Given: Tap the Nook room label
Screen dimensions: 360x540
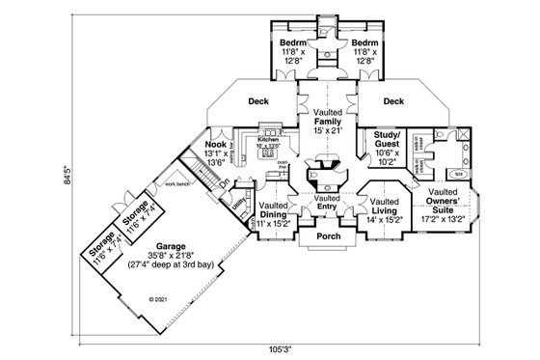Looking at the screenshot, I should point(215,145).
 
